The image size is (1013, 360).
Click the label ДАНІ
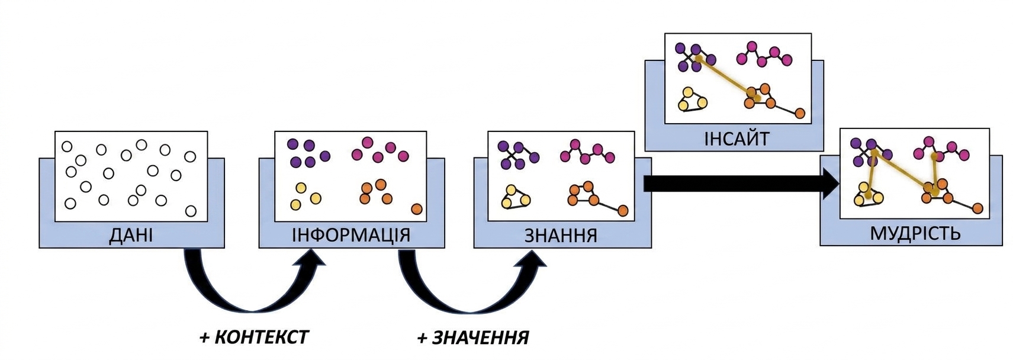[x=131, y=236]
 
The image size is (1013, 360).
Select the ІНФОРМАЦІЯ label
[x=351, y=235]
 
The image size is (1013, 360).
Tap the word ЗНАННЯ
[x=561, y=236]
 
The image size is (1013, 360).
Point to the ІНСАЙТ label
[x=737, y=139]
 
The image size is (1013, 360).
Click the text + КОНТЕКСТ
[x=254, y=337]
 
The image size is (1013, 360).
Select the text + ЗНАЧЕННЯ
[x=472, y=337]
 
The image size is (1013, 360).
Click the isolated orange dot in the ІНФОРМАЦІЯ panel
[x=416, y=209]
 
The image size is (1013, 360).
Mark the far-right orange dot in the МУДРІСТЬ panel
[x=977, y=208]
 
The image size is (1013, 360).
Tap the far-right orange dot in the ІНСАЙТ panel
[x=799, y=113]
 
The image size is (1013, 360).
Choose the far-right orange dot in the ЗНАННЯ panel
[x=623, y=211]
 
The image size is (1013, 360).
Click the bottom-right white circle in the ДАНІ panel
[x=191, y=211]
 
